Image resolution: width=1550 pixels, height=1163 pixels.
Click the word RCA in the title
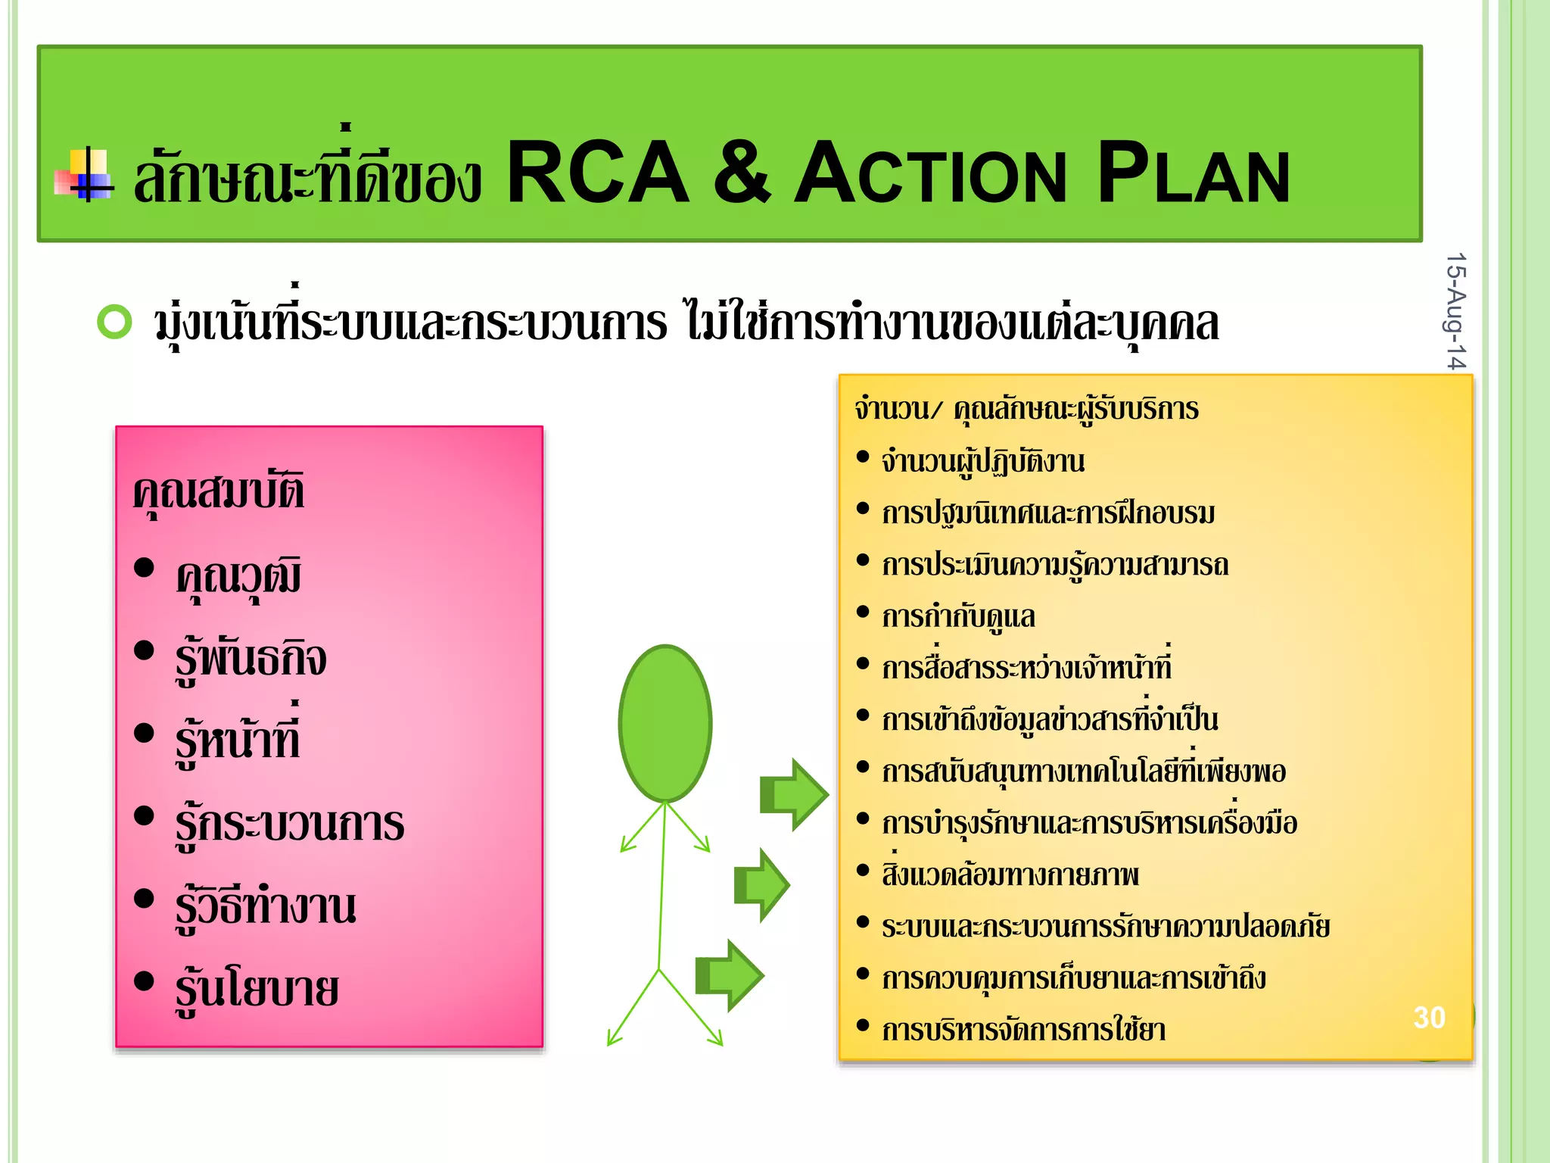click(x=597, y=173)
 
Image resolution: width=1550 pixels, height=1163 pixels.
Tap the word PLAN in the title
click(x=1194, y=175)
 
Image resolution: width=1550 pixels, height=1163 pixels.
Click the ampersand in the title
click(x=742, y=173)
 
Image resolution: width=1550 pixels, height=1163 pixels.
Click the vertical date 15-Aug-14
click(x=1455, y=310)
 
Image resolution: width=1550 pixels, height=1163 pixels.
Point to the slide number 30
click(x=1429, y=1018)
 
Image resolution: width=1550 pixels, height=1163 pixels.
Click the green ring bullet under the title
click(x=115, y=322)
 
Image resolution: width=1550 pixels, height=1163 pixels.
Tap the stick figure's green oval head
click(x=665, y=723)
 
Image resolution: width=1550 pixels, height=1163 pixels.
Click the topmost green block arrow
click(x=794, y=794)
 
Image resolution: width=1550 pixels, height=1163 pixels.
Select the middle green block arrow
click(x=762, y=884)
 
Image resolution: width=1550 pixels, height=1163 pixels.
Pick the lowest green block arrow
click(x=730, y=975)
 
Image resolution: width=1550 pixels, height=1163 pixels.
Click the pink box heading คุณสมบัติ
click(x=219, y=492)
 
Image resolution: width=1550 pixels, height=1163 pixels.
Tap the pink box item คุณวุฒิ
click(x=238, y=578)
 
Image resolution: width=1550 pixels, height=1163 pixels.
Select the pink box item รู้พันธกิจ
click(x=251, y=659)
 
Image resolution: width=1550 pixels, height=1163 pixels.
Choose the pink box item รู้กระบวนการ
click(x=289, y=825)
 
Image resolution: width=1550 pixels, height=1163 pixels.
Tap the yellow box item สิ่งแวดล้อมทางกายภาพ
click(x=1010, y=875)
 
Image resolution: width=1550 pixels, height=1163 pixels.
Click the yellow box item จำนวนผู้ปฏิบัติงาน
click(x=982, y=462)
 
